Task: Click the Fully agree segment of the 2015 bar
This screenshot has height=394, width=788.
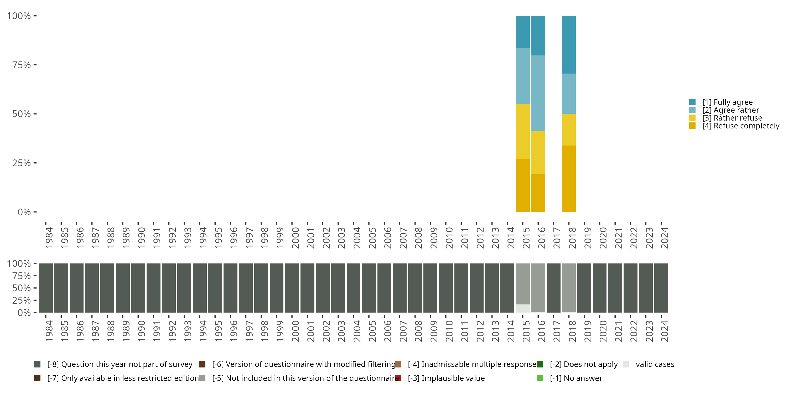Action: click(x=522, y=32)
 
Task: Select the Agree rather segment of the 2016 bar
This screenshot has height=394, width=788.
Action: click(x=538, y=93)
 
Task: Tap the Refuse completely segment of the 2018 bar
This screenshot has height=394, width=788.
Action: click(x=569, y=179)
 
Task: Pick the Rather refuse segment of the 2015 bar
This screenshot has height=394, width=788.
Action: click(x=522, y=132)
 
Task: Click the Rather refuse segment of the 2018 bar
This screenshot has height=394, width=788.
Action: click(x=569, y=130)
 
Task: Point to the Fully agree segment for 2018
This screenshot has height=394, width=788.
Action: click(x=569, y=45)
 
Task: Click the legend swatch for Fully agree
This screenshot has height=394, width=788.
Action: click(x=692, y=102)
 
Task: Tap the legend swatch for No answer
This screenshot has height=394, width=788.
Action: click(x=540, y=378)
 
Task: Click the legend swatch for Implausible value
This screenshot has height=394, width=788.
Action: click(x=398, y=378)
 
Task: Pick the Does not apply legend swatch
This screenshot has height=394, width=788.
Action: click(x=540, y=364)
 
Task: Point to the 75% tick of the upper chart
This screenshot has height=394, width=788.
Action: click(x=35, y=65)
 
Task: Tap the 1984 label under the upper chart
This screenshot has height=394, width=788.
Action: click(x=49, y=238)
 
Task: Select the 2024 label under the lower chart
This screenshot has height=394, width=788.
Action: click(x=665, y=331)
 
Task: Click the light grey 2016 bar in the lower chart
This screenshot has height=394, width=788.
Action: click(x=538, y=288)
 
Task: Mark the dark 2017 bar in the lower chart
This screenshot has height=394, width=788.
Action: click(x=553, y=288)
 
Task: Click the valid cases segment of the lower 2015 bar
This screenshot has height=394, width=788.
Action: click(x=522, y=308)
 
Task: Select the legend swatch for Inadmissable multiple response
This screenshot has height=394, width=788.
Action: click(x=398, y=364)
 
